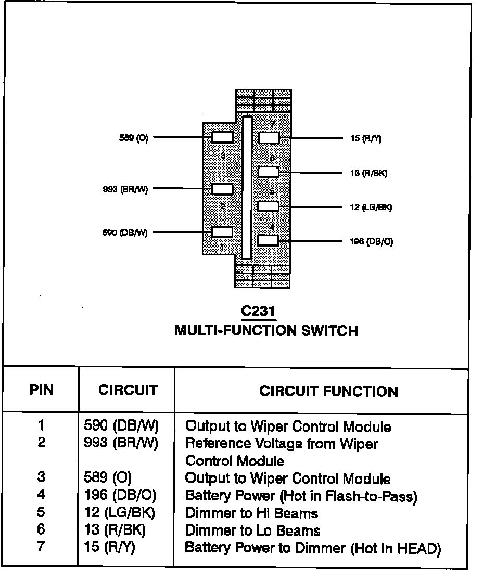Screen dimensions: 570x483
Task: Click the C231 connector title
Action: (258, 312)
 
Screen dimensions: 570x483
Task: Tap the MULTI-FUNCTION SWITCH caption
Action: (266, 331)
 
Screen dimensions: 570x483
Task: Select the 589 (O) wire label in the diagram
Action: (133, 138)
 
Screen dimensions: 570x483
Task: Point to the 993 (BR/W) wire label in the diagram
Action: (125, 189)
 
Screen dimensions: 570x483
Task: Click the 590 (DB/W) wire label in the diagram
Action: (125, 232)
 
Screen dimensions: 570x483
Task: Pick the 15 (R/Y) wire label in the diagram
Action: (366, 139)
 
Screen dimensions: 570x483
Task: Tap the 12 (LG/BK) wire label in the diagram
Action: (371, 208)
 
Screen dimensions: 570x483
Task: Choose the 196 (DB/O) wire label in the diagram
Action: (371, 242)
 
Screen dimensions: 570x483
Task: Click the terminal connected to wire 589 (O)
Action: (222, 138)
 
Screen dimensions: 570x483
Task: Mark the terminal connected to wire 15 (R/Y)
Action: (269, 138)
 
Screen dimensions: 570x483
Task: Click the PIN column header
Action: (42, 390)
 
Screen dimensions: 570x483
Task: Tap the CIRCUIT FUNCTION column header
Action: (328, 392)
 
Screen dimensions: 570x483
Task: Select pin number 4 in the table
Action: (41, 495)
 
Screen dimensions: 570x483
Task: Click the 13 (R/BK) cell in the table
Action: (115, 530)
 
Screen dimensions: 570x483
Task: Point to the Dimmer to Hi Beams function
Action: (251, 513)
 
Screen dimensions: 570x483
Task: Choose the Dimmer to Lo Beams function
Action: (252, 530)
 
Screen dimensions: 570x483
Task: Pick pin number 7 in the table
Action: (41, 547)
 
